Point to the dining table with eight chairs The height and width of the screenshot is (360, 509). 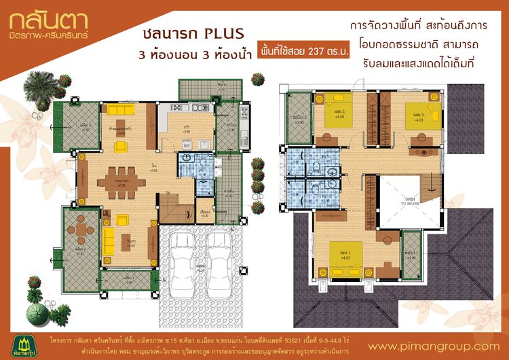[121, 183]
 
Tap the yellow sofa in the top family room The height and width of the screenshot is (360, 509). [122, 110]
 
